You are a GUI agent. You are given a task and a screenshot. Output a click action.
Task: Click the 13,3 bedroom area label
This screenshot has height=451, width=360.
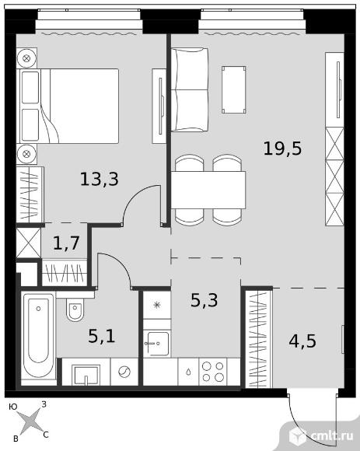click(100, 179)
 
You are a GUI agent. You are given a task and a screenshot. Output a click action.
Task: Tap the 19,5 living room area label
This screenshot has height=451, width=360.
click(283, 149)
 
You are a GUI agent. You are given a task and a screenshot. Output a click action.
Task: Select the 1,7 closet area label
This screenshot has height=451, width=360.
click(66, 243)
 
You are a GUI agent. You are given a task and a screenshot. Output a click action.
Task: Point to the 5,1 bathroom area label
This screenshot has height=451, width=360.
click(102, 336)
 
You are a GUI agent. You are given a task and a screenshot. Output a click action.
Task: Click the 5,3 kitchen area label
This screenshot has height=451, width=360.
click(204, 300)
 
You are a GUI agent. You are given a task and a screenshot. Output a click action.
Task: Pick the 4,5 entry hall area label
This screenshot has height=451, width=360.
click(302, 341)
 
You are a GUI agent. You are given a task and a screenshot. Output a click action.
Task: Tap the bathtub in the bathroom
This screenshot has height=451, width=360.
click(39, 335)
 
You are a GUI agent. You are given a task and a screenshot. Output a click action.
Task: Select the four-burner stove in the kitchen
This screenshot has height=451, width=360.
click(212, 372)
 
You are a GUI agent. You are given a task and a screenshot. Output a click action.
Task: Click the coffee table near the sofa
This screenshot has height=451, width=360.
click(234, 89)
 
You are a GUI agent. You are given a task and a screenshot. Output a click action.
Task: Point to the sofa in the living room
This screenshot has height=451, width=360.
click(190, 89)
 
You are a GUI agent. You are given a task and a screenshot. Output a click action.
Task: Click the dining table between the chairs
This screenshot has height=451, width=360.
click(208, 190)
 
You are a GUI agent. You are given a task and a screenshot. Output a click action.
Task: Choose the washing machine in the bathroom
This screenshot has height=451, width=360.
click(124, 372)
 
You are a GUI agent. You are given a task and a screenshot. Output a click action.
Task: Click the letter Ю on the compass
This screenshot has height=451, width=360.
click(13, 407)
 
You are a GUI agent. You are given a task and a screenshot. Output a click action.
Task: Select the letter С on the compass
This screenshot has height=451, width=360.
click(46, 435)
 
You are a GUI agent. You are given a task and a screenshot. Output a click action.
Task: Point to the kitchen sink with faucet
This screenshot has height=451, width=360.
click(157, 343)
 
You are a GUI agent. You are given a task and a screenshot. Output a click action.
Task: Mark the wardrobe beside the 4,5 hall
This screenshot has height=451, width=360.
click(258, 339)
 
